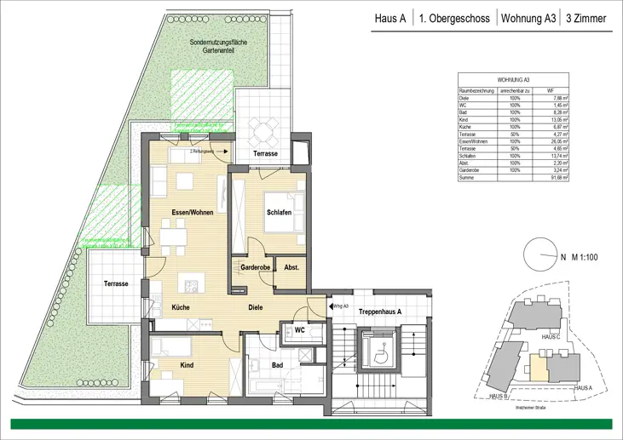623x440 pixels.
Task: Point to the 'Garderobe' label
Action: pyautogui.click(x=256, y=266)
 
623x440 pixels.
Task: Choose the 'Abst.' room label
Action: pyautogui.click(x=291, y=266)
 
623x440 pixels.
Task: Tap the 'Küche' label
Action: pyautogui.click(x=180, y=306)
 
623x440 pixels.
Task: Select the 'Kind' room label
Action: pyautogui.click(x=187, y=364)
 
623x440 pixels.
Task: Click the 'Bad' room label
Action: pyautogui.click(x=277, y=364)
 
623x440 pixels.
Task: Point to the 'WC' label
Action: pyautogui.click(x=300, y=329)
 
